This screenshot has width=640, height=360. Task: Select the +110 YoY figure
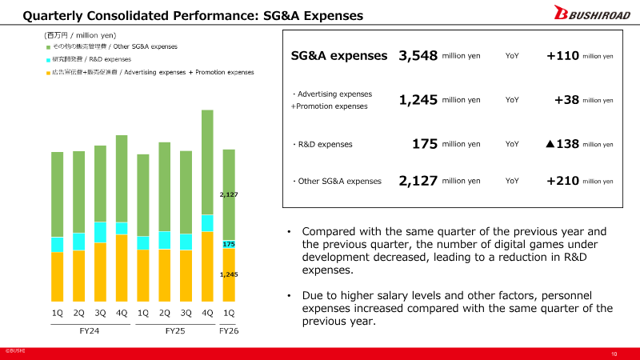(562, 56)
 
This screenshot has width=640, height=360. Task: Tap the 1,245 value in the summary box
(418, 100)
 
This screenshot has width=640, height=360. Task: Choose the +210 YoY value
(562, 181)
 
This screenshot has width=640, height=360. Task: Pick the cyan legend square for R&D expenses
(48, 60)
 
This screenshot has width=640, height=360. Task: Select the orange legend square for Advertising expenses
(48, 73)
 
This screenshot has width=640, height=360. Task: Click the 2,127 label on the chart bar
(229, 194)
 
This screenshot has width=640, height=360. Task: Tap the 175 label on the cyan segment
(229, 243)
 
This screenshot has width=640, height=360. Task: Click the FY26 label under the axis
(229, 330)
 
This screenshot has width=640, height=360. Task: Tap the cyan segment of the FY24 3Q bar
(100, 232)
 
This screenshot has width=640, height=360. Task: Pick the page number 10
(614, 354)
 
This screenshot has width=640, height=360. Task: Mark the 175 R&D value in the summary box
(425, 144)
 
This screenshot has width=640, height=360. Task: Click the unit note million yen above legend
(80, 35)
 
